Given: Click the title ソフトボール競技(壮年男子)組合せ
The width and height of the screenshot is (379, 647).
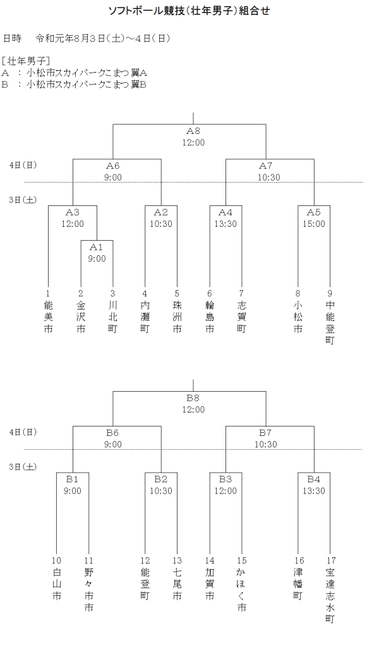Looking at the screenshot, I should pos(189,11).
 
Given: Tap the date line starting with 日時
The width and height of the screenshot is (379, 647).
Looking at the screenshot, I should pos(87,39).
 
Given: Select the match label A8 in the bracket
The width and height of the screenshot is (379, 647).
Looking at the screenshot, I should pos(193,131).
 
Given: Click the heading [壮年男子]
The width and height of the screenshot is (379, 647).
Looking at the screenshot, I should pos(27,61).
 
